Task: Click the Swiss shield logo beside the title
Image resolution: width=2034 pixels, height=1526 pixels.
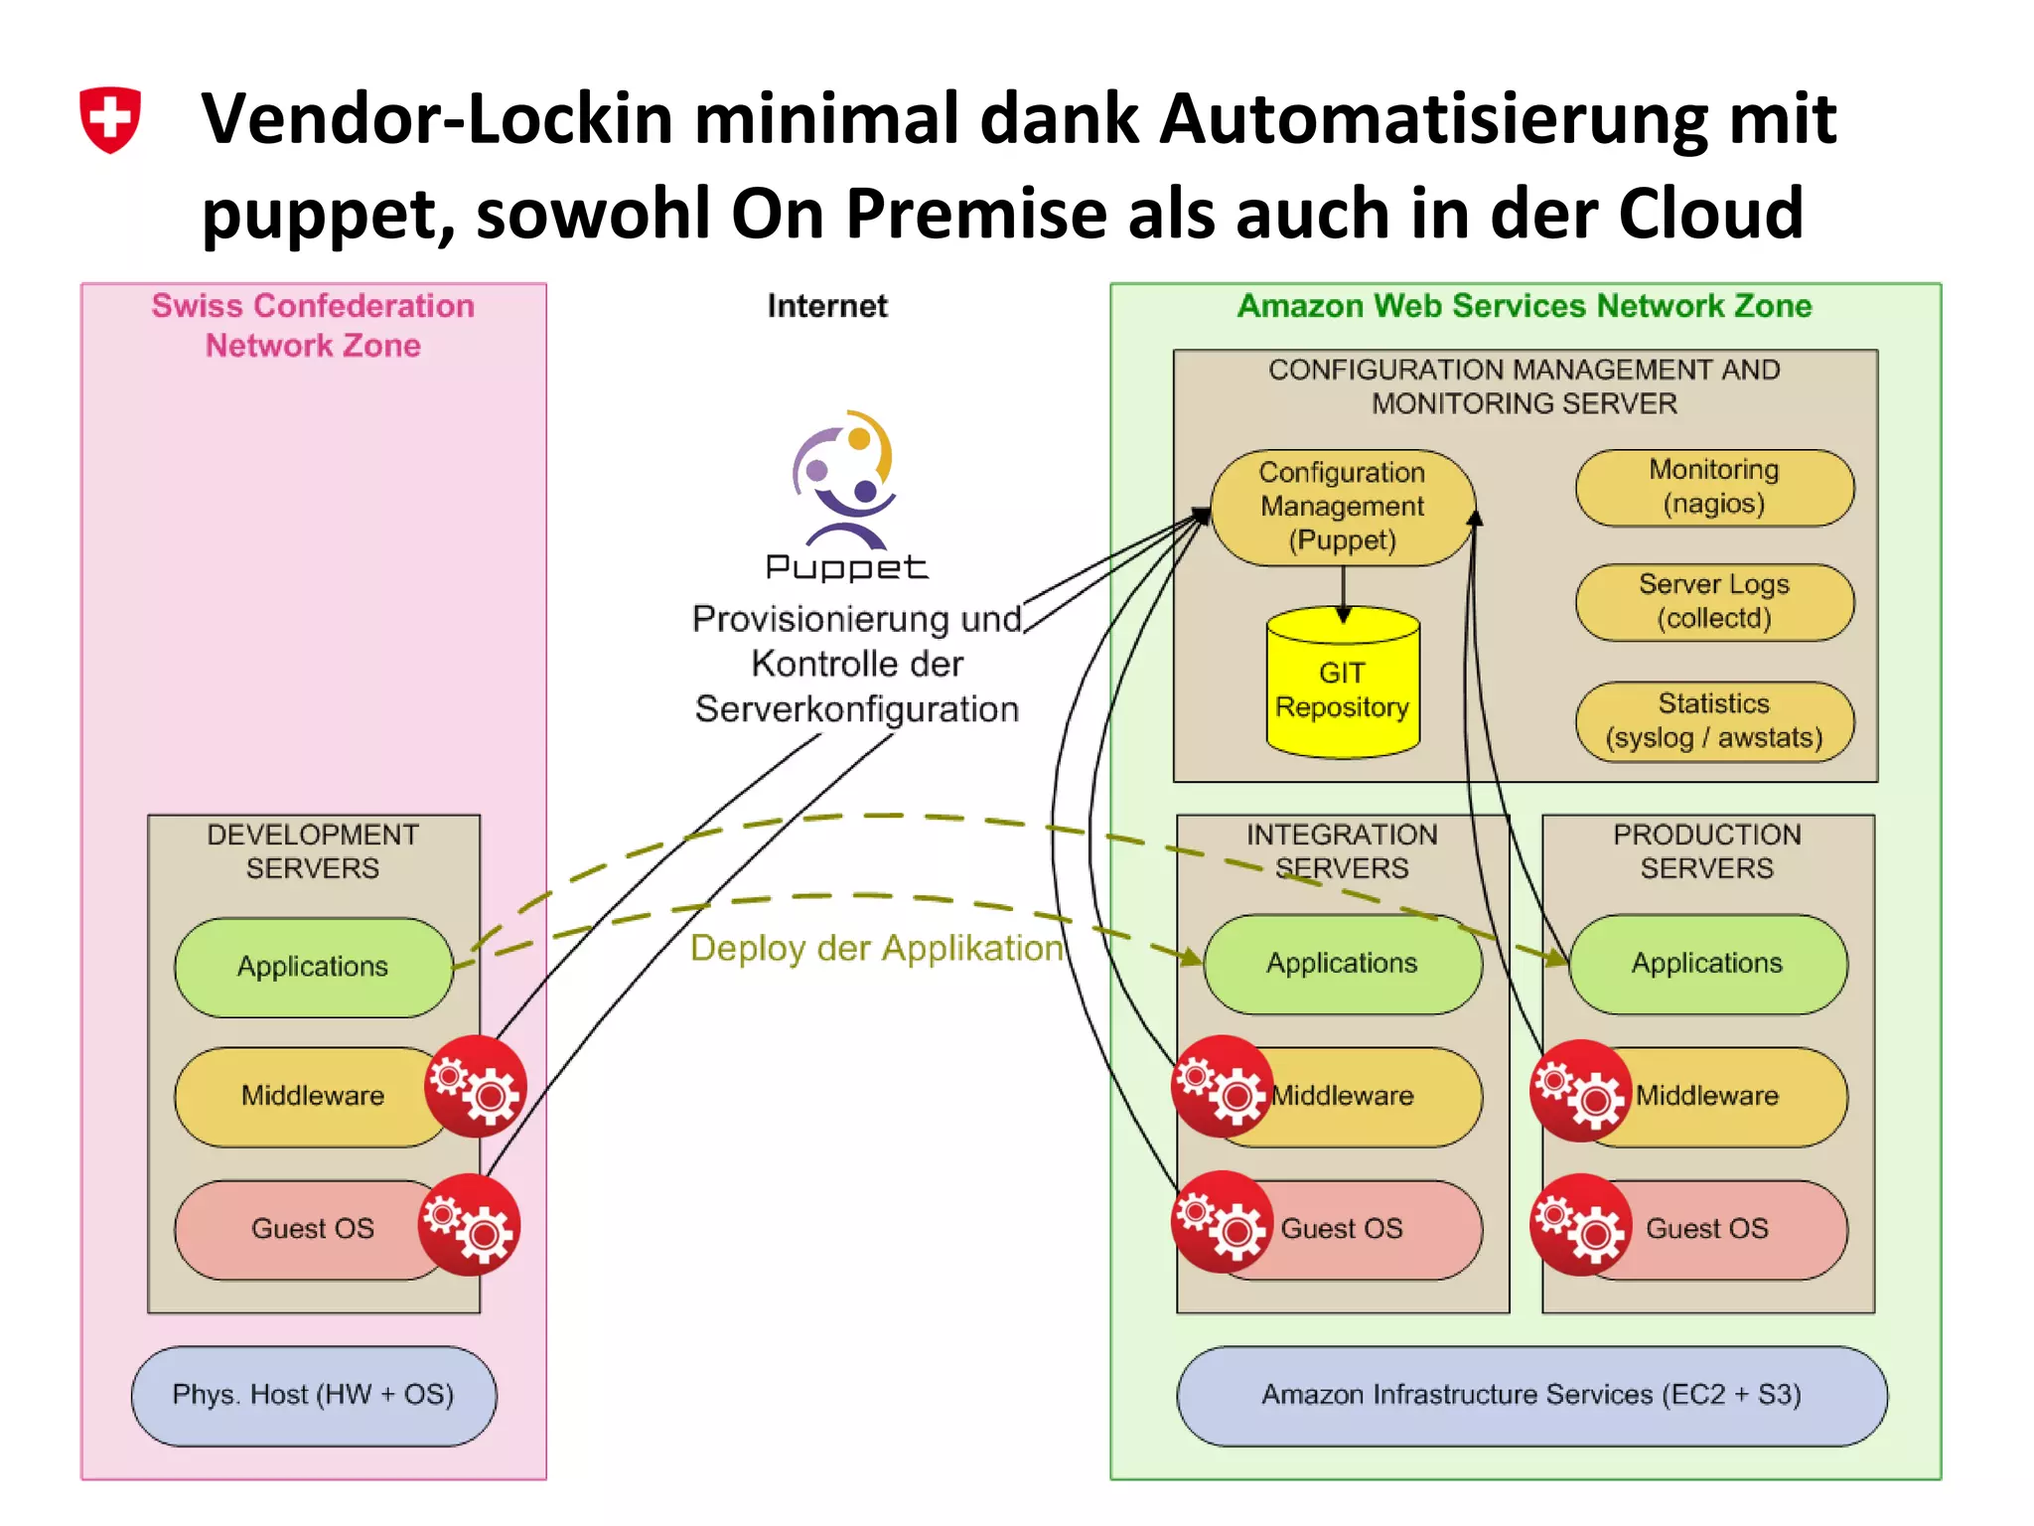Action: click(110, 119)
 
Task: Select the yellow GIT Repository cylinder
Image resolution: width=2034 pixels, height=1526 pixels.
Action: click(1343, 686)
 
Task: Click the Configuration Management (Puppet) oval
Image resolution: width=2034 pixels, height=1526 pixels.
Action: click(1342, 507)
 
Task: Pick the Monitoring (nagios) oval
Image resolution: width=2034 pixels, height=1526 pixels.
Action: click(1714, 487)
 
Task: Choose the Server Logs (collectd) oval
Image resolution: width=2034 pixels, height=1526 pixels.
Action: click(1714, 601)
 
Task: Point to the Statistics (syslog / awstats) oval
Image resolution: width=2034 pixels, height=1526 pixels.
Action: click(1714, 720)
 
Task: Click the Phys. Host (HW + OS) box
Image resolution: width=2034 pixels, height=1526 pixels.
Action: click(313, 1395)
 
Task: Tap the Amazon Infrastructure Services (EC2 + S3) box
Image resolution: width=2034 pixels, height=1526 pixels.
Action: click(1530, 1395)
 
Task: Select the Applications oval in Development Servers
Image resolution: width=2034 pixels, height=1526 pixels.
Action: click(313, 967)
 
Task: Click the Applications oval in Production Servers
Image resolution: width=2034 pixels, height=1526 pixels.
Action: click(1707, 964)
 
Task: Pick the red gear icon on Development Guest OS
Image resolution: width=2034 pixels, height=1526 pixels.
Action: click(469, 1225)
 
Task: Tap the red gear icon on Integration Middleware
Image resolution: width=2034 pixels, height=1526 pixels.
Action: click(1222, 1087)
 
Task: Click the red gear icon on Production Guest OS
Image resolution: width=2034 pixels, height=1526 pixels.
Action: click(1581, 1225)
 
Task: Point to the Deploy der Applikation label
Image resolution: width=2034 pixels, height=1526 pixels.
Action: click(876, 948)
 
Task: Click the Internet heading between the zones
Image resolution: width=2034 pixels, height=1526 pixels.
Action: click(827, 306)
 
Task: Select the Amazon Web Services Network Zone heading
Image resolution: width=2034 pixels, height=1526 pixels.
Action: click(1525, 306)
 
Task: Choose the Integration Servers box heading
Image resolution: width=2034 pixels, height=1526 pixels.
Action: click(1342, 850)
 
